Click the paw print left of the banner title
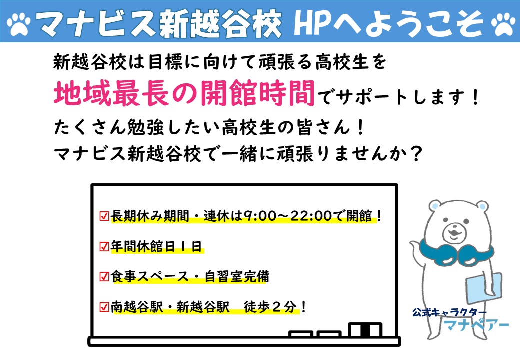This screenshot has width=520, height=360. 19,24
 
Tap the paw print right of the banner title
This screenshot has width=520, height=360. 504,24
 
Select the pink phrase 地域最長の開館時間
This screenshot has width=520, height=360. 184,93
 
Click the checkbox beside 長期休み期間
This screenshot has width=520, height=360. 104,216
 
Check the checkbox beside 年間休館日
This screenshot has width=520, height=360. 104,247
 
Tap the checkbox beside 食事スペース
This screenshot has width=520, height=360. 104,277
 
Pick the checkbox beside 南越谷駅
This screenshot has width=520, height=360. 104,307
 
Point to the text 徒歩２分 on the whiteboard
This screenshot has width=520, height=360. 270,307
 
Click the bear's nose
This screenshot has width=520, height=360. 453,228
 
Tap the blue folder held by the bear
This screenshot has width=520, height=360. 483,286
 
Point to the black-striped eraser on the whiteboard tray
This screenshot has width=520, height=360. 365,330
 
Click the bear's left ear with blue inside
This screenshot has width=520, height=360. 435,206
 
